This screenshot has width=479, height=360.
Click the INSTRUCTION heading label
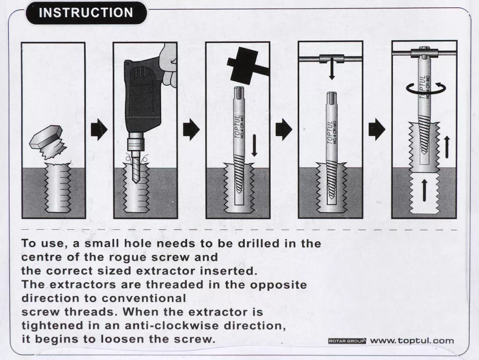(86, 12)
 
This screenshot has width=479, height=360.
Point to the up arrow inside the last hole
(424, 190)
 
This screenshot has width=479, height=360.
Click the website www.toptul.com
(412, 341)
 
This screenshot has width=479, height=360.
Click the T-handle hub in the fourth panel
(331, 59)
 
